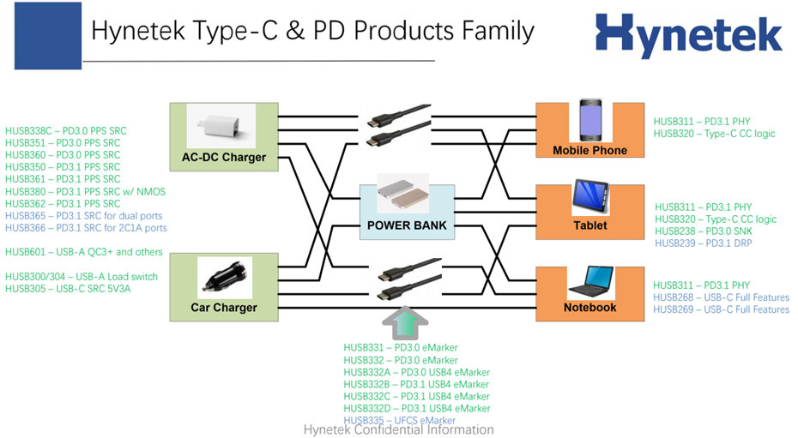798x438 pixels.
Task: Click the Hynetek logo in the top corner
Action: (x=688, y=35)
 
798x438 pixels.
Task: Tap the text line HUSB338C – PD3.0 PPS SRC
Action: (x=66, y=130)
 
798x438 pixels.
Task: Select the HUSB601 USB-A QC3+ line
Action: (x=83, y=252)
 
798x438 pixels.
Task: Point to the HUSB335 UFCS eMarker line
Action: (x=399, y=421)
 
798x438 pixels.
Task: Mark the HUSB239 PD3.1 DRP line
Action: (x=704, y=243)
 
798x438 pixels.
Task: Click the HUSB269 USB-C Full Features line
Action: (x=721, y=309)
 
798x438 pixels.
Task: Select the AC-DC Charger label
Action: (x=223, y=157)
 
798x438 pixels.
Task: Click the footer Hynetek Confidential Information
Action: (x=399, y=429)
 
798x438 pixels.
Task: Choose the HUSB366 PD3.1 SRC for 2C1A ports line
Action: (x=86, y=228)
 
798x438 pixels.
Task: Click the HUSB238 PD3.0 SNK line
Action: (x=704, y=231)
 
